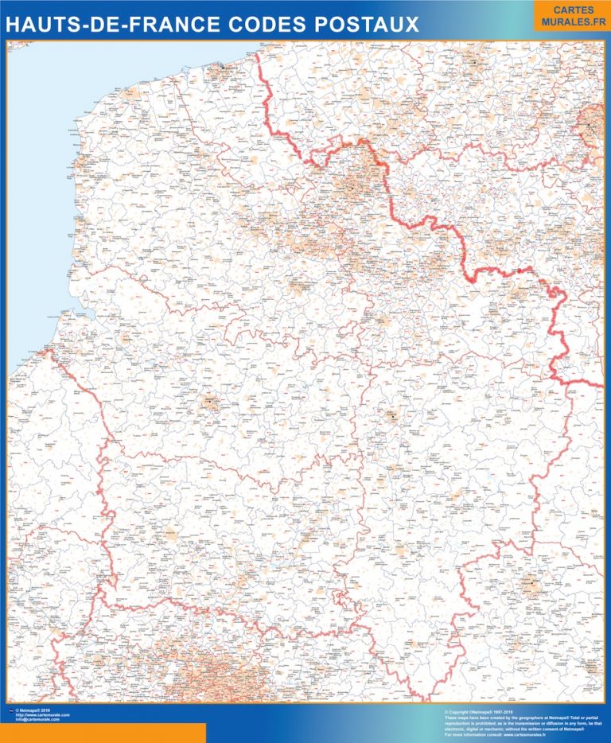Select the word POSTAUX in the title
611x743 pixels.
pos(366,25)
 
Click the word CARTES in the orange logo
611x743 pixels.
pos(568,10)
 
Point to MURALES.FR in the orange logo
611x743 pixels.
pos(568,21)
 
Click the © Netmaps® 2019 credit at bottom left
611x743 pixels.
pos(32,710)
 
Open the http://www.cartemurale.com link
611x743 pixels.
pos(43,714)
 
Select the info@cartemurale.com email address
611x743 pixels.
pos(38,720)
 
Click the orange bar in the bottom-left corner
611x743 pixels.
pos(103,733)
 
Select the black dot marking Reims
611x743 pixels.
pos(531,586)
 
